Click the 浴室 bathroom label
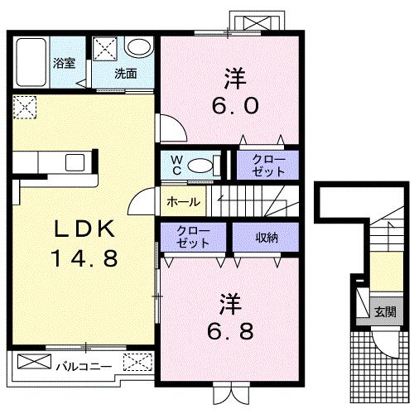[64, 63]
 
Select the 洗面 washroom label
[125, 73]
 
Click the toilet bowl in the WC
[200, 165]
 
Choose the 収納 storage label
[264, 237]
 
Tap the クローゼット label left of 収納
[192, 237]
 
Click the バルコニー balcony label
[85, 363]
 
